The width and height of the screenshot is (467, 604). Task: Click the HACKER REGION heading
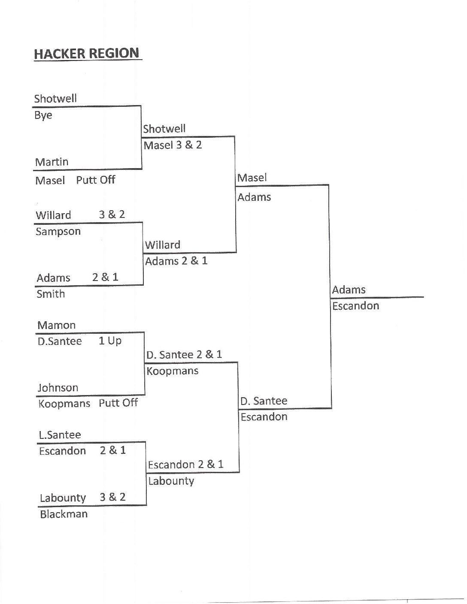pyautogui.click(x=87, y=53)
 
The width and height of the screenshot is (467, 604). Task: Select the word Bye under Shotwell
pyautogui.click(x=43, y=115)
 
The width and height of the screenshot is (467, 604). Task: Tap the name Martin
pyautogui.click(x=52, y=162)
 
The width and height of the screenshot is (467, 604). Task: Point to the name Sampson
pyautogui.click(x=58, y=232)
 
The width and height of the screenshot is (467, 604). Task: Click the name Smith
pyautogui.click(x=51, y=294)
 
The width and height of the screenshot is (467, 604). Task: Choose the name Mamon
pyautogui.click(x=57, y=325)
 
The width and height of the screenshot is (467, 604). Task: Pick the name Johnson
pyautogui.click(x=58, y=388)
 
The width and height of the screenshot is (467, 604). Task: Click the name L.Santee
pyautogui.click(x=60, y=435)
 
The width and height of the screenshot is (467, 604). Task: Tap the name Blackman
pyautogui.click(x=64, y=514)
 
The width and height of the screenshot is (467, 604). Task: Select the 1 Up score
pyautogui.click(x=110, y=341)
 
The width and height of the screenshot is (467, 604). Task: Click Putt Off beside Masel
pyautogui.click(x=96, y=180)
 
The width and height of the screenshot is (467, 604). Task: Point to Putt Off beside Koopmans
pyautogui.click(x=118, y=403)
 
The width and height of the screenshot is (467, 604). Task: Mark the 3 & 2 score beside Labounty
pyautogui.click(x=112, y=497)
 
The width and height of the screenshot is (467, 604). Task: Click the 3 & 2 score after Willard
pyautogui.click(x=112, y=214)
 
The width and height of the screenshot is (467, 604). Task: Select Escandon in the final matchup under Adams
pyautogui.click(x=355, y=306)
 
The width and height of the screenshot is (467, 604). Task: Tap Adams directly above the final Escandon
pyautogui.click(x=349, y=290)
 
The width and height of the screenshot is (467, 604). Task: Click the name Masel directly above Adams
pyautogui.click(x=252, y=178)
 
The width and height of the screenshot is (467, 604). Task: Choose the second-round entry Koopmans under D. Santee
pyautogui.click(x=173, y=371)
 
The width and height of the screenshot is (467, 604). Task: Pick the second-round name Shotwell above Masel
pyautogui.click(x=164, y=129)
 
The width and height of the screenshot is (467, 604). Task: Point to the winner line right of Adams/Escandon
pyautogui.click(x=377, y=297)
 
